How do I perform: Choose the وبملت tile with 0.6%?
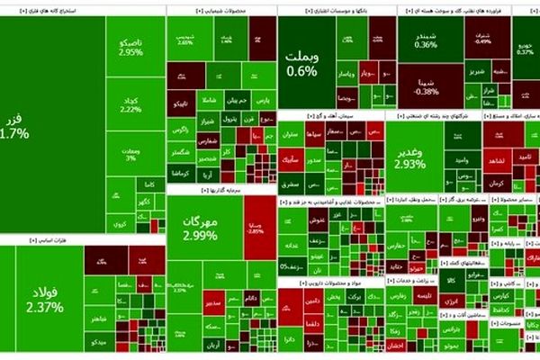point(302,63)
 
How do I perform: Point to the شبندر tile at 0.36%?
point(426,40)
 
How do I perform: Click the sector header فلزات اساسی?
point(27,241)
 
